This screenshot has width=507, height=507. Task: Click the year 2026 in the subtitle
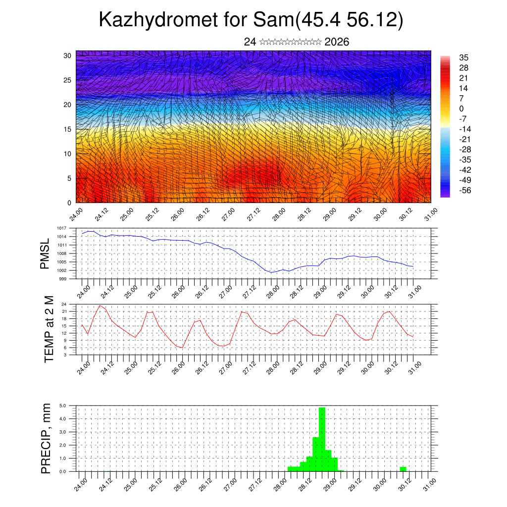coord(337,42)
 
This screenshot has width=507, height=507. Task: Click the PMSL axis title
coord(45,254)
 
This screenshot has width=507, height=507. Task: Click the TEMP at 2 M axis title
coord(49,329)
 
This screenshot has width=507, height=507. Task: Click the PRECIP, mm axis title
coord(46,438)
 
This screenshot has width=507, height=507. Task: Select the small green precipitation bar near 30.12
coord(403,469)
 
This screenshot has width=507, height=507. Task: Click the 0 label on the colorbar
coord(461,108)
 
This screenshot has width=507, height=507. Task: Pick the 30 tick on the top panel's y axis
coord(68,55)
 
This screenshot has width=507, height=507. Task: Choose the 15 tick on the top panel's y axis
coord(68,129)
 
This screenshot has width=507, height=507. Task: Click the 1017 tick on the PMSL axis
coord(61,228)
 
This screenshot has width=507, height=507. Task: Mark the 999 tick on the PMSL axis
coord(63,279)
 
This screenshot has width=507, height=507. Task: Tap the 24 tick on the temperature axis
coord(64,304)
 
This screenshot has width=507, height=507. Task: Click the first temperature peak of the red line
coord(100,305)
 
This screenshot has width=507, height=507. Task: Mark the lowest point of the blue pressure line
coord(271,272)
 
